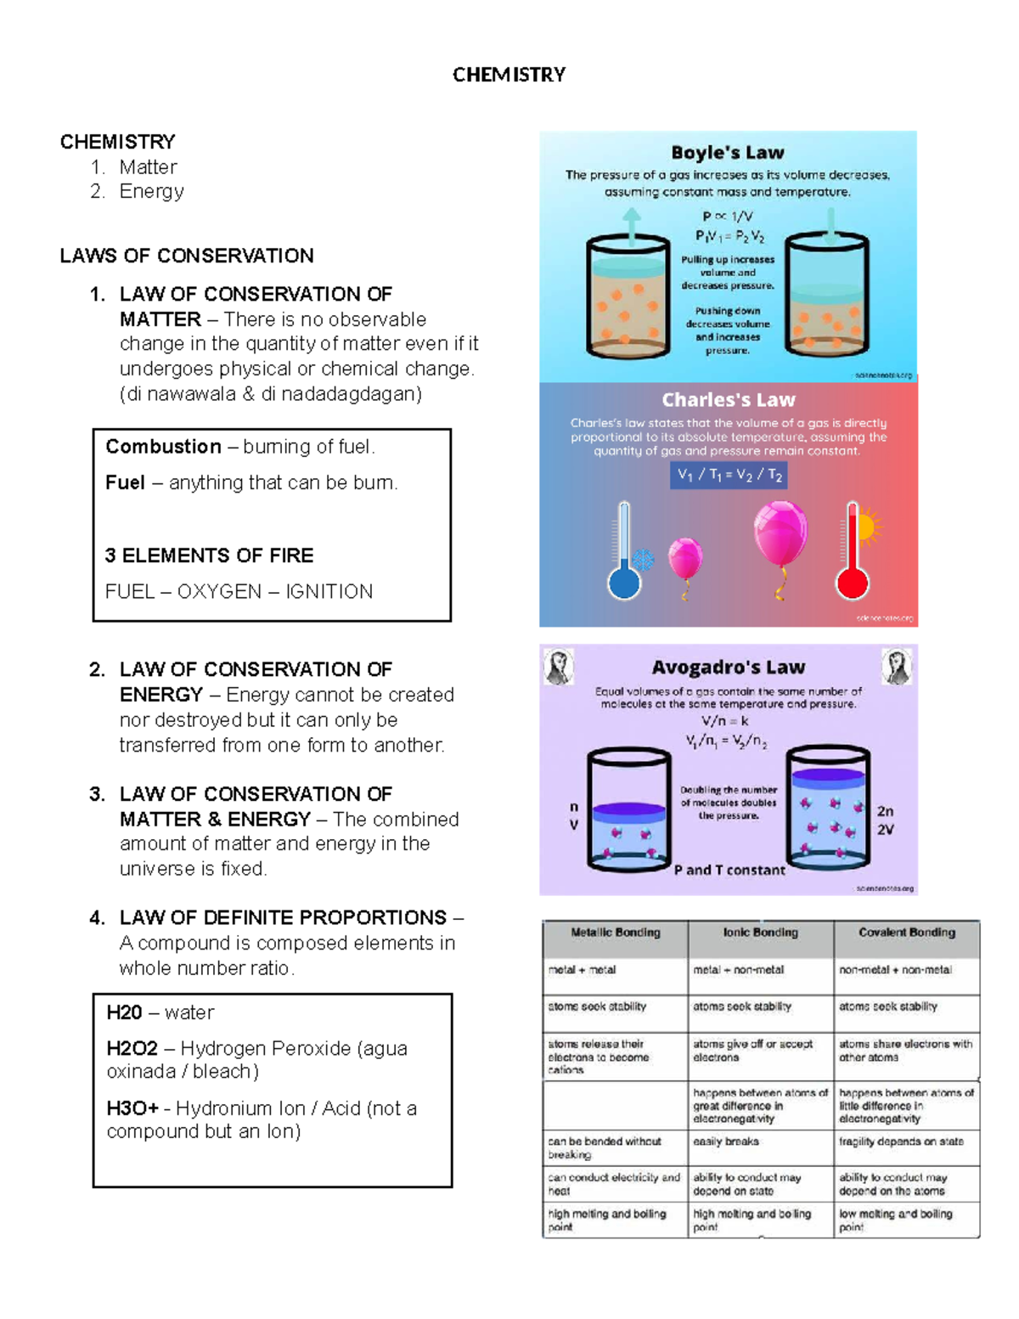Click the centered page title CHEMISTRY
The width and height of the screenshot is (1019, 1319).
tap(509, 75)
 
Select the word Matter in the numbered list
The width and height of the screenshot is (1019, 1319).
tap(148, 167)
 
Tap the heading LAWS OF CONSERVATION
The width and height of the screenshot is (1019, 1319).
tap(187, 256)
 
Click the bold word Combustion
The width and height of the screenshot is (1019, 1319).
tap(163, 447)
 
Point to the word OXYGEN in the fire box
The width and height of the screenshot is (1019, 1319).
tap(219, 592)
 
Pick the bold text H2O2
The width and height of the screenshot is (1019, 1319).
tap(132, 1049)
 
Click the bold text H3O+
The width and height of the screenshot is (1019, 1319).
tap(132, 1108)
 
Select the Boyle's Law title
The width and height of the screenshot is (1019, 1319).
tap(728, 153)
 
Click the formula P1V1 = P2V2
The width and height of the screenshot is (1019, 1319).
tap(729, 236)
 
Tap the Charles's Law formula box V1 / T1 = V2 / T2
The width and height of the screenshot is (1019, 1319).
tap(729, 475)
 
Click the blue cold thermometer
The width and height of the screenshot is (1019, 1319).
tap(625, 552)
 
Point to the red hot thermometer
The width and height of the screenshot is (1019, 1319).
tap(853, 552)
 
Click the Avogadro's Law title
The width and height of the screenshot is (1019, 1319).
tap(729, 668)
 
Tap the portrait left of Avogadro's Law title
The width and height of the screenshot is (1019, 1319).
tap(560, 667)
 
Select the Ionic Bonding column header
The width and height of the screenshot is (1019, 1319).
tap(761, 933)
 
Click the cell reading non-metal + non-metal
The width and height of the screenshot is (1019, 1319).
tap(896, 970)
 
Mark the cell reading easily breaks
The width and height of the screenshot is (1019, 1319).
tap(726, 1141)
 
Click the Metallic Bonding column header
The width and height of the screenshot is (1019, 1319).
tap(616, 933)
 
